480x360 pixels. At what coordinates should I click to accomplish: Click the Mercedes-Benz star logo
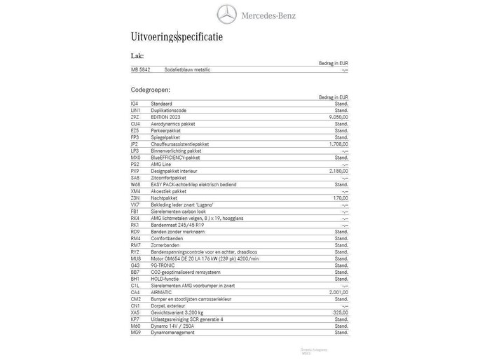(x=227, y=14)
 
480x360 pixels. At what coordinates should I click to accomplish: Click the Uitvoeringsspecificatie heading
(x=177, y=36)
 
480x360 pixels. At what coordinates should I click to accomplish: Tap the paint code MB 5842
(x=140, y=70)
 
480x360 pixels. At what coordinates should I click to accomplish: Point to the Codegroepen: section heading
(x=150, y=90)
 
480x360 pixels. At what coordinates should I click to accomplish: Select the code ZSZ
(x=135, y=117)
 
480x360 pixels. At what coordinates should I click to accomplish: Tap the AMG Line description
(x=162, y=164)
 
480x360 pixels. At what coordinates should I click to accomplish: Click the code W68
(x=136, y=184)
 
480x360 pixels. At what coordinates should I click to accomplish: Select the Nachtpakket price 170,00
(x=340, y=198)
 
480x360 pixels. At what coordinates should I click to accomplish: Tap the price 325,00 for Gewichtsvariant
(x=340, y=312)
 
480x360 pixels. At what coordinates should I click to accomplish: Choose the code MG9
(x=136, y=333)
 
